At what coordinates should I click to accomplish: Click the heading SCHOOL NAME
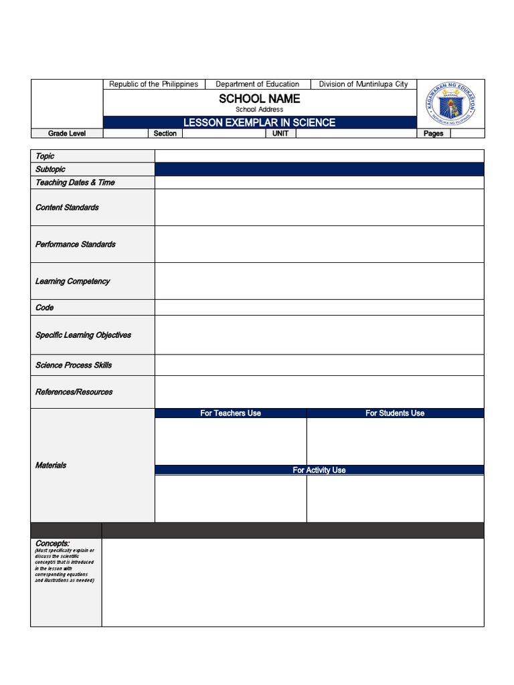(x=260, y=99)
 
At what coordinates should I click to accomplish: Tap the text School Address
(x=260, y=110)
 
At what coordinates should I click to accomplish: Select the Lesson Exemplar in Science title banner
(x=260, y=122)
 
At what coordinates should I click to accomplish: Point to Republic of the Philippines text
(x=154, y=84)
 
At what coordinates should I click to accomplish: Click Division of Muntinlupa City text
(x=363, y=84)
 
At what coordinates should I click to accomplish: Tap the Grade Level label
(x=67, y=134)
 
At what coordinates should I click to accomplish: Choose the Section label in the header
(x=165, y=134)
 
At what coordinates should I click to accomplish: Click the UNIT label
(x=280, y=134)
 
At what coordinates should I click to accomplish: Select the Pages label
(x=434, y=134)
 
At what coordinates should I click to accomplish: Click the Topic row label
(x=46, y=156)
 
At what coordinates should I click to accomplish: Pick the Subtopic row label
(x=51, y=169)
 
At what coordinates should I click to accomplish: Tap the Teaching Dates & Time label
(x=75, y=182)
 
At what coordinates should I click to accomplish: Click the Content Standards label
(x=67, y=207)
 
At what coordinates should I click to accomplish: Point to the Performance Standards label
(x=76, y=244)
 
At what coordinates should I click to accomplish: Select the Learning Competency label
(x=72, y=281)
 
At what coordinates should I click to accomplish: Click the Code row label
(x=45, y=308)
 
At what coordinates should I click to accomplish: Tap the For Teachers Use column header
(x=231, y=413)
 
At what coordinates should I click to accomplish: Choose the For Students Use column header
(x=395, y=413)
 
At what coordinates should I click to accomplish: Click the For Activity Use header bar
(x=319, y=470)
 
